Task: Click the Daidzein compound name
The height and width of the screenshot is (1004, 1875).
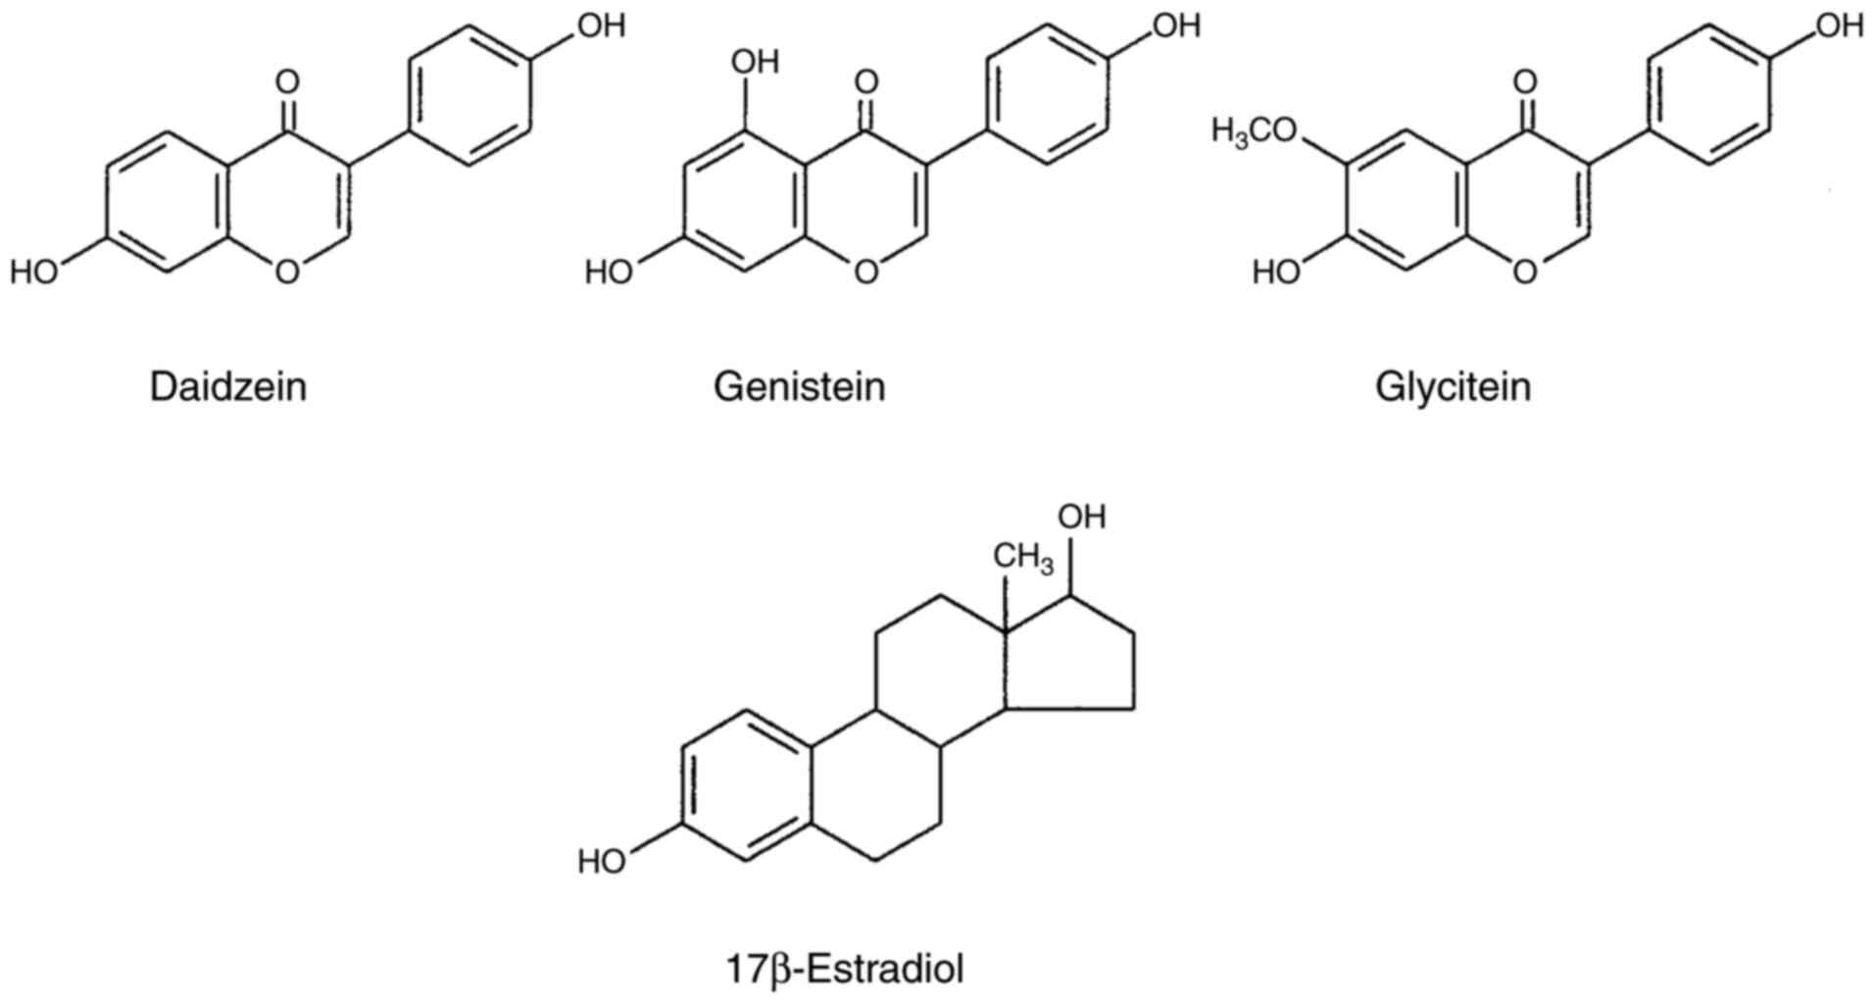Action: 227,387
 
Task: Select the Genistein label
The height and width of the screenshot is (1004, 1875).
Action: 799,387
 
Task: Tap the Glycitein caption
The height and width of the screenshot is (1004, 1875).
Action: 1453,387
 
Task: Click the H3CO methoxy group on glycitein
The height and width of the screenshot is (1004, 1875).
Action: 1254,130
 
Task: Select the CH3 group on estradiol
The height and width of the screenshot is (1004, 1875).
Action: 1023,558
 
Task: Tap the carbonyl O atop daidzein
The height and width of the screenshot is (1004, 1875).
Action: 287,80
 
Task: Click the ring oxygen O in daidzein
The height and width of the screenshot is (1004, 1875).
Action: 287,271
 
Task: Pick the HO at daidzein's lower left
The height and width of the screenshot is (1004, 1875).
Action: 34,271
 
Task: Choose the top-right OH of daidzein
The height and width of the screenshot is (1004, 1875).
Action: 601,25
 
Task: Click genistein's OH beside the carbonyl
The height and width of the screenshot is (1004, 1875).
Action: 755,62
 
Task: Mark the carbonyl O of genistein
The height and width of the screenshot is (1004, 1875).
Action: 865,80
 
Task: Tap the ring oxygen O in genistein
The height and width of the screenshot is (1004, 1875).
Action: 865,271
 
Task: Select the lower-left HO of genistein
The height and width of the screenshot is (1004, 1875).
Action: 609,271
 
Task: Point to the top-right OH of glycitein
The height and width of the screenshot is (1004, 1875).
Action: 1839,25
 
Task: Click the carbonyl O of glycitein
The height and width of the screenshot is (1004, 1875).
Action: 1525,80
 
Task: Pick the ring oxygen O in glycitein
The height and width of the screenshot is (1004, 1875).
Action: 1525,271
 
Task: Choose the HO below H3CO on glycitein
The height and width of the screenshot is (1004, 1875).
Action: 1276,271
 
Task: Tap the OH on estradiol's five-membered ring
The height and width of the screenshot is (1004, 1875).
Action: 1081,516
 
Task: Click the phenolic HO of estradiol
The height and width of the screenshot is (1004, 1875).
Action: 602,862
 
